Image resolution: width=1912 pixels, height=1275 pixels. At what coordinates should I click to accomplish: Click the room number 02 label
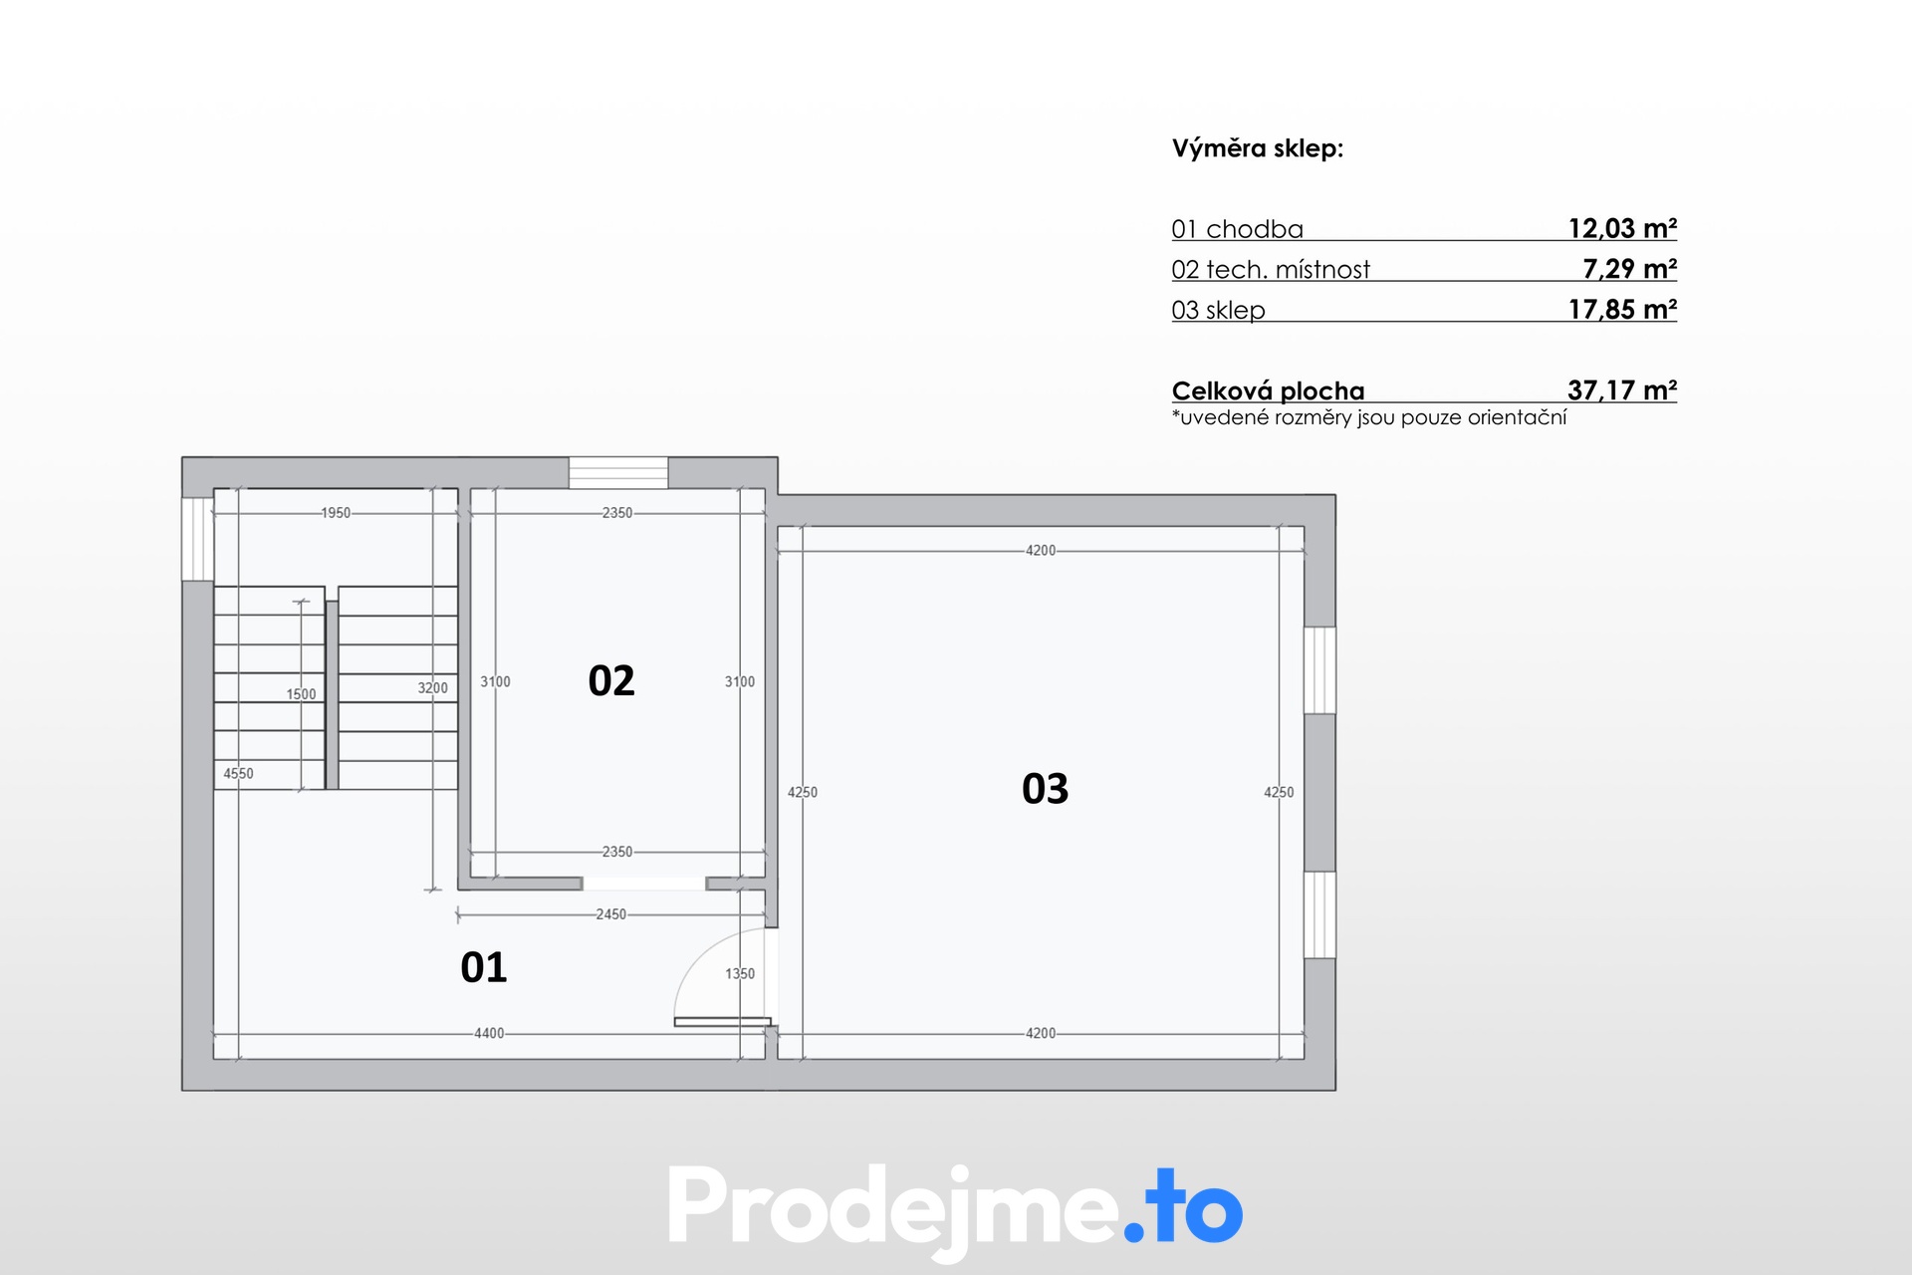tap(611, 681)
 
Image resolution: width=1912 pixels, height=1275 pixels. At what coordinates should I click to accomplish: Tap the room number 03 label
tap(1045, 789)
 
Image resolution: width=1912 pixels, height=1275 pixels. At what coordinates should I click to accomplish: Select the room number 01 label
tap(484, 967)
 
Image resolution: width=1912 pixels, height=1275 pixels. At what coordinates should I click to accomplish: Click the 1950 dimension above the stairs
tap(336, 513)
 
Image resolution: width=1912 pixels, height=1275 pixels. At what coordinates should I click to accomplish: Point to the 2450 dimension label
tap(611, 914)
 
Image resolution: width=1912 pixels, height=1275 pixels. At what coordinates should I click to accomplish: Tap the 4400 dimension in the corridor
tap(489, 1034)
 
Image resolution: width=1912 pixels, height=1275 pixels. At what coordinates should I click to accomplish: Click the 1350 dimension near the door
tap(740, 974)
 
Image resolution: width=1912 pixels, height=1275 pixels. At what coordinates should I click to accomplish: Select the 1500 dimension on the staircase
tap(301, 694)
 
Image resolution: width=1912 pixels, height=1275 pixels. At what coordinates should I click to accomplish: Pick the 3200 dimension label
tap(432, 688)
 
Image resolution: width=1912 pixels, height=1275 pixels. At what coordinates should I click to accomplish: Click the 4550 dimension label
tap(238, 774)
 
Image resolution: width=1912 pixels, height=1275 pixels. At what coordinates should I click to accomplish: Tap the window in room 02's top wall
tap(618, 473)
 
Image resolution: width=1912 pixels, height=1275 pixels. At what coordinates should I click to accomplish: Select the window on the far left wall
tap(197, 539)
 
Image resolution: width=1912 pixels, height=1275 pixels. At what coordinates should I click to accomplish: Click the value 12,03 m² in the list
tap(1622, 228)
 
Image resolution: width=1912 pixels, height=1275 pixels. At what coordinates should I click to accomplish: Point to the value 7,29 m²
tap(1629, 269)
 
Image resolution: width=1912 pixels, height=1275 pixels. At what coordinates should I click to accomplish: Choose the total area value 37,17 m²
tap(1622, 390)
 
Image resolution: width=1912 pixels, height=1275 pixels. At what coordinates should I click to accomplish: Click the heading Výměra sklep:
tap(1258, 149)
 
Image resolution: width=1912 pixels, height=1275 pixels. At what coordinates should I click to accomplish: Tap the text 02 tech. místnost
tap(1271, 270)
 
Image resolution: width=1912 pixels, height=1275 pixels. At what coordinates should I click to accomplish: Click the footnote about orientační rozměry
tap(1369, 418)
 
